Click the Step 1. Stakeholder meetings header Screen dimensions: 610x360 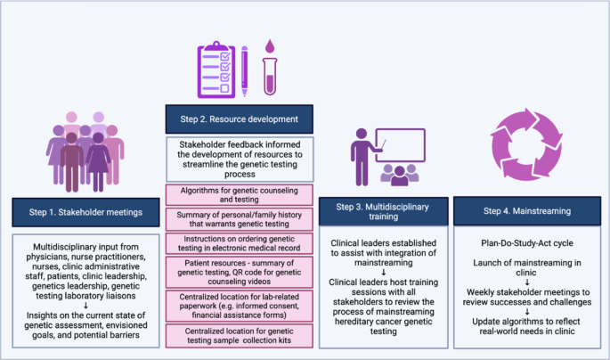pyautogui.click(x=85, y=212)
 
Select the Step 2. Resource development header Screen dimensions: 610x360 pyautogui.click(x=240, y=119)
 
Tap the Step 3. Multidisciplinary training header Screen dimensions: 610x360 pyautogui.click(x=383, y=211)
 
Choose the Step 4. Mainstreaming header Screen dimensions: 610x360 pyautogui.click(x=527, y=211)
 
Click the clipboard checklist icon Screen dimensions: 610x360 pyautogui.click(x=216, y=70)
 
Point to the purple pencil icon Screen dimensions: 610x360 pyautogui.click(x=244, y=71)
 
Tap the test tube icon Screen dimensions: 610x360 pyautogui.click(x=270, y=77)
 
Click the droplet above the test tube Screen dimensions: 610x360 pyautogui.click(x=270, y=46)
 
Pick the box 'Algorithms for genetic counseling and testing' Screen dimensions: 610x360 pyautogui.click(x=240, y=195)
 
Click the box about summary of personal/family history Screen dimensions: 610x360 pyautogui.click(x=240, y=219)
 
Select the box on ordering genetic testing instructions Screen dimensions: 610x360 pyautogui.click(x=240, y=243)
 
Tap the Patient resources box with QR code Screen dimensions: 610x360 pyautogui.click(x=240, y=272)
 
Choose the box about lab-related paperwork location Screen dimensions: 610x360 pyautogui.click(x=240, y=306)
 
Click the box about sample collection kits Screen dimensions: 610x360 pyautogui.click(x=240, y=335)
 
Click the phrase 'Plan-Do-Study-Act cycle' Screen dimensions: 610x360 pyautogui.click(x=527, y=243)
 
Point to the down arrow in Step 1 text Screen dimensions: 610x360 pyautogui.click(x=86, y=306)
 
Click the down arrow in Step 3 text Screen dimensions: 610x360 pyautogui.click(x=384, y=273)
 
